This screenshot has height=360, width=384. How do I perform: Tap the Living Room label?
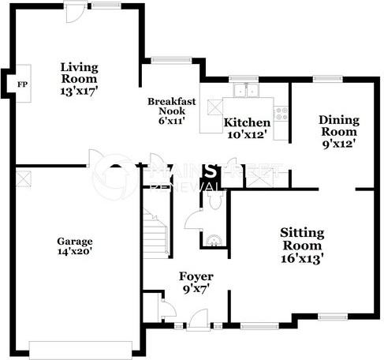click(79, 72)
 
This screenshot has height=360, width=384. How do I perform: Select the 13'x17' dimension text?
click(79, 91)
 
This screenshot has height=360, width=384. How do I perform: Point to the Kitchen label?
click(248, 123)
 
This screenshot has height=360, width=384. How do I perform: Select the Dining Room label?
click(339, 126)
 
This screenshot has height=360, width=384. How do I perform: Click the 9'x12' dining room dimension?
click(339, 144)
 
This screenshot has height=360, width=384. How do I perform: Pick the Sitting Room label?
click(302, 238)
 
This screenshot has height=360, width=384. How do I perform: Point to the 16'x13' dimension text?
click(302, 257)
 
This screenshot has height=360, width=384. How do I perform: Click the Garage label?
click(75, 241)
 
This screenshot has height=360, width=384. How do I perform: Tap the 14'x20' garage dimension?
click(75, 253)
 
